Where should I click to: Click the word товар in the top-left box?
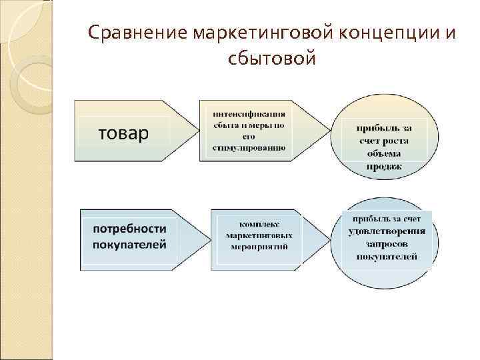click(124, 134)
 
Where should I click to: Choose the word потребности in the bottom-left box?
click(130, 229)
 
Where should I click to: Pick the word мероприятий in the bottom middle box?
click(256, 247)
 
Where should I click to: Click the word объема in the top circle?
click(385, 154)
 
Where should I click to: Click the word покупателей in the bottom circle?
click(387, 257)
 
